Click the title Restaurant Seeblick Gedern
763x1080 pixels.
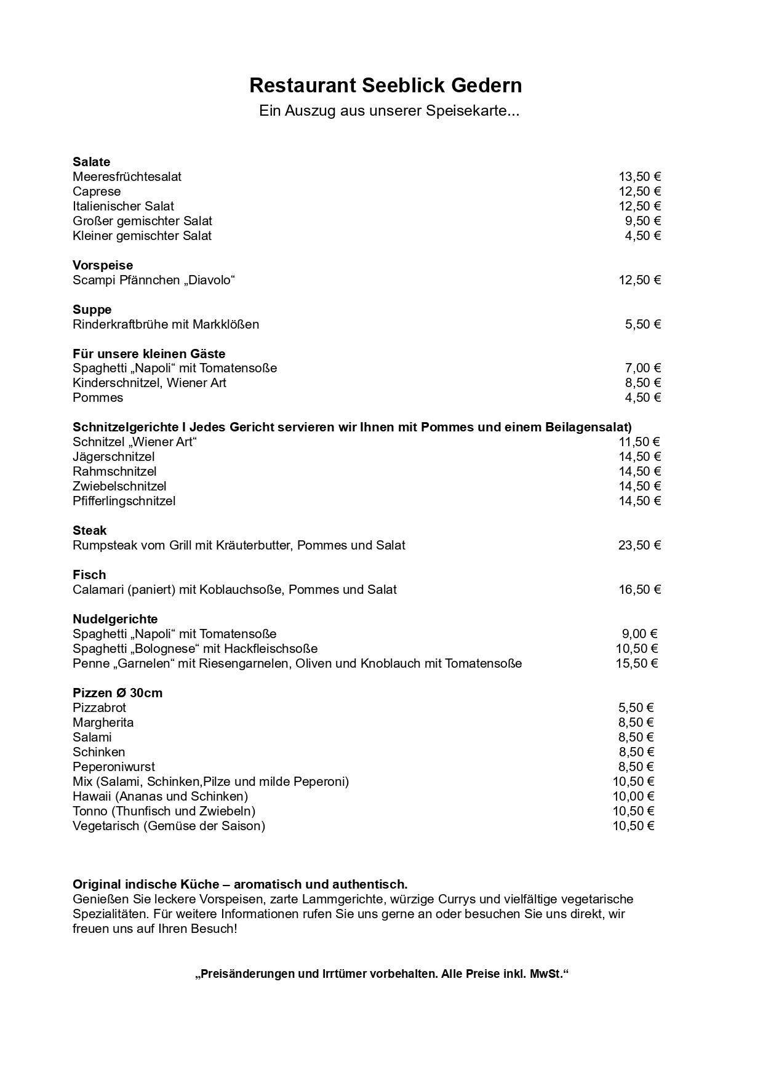pos(385,86)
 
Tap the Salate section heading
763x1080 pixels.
pos(91,162)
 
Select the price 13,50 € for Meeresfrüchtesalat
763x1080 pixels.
pos(639,177)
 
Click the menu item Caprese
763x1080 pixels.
pos(97,191)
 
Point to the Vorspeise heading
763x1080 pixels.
pos(103,265)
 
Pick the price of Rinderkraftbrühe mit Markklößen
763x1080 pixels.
pos(643,324)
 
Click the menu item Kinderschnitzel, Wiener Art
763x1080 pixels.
pos(150,383)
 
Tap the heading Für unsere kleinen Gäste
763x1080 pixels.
pos(149,354)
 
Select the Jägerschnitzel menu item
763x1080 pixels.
pos(113,457)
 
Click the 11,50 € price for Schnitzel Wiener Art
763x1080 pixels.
pos(639,442)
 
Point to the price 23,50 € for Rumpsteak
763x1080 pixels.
pos(639,545)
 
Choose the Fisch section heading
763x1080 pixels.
pos(89,575)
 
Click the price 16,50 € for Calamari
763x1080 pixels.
pos(639,590)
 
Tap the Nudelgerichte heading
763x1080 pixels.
pos(115,619)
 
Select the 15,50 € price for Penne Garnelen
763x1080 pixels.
pos(637,663)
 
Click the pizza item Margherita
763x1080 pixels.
pos(103,722)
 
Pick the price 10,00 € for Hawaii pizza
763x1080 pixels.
pos(633,796)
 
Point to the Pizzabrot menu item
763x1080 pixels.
pos(99,708)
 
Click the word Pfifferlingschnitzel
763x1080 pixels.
pos(124,501)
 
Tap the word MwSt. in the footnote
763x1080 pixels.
pos(549,974)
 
